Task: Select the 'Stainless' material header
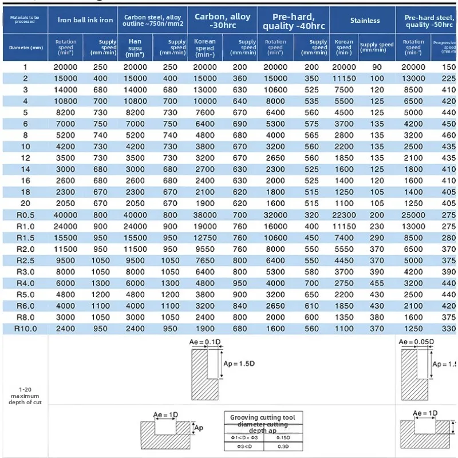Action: (x=365, y=20)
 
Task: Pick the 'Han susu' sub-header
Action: (x=135, y=46)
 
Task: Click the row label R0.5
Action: (x=25, y=215)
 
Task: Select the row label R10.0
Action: (x=25, y=328)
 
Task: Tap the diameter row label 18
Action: (x=25, y=192)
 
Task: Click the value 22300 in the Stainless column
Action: (x=343, y=215)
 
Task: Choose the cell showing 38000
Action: (x=205, y=215)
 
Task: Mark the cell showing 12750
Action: (x=205, y=237)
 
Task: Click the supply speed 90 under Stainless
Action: (x=377, y=67)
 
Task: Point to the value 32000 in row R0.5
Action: (x=275, y=215)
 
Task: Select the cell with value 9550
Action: (x=205, y=248)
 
